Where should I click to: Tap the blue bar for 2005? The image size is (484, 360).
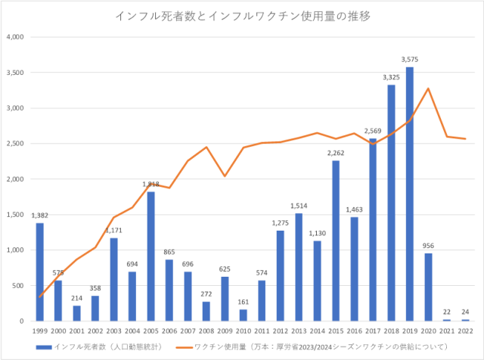(x=150, y=256)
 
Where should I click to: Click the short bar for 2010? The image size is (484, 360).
(x=244, y=315)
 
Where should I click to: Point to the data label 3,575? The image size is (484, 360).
(x=410, y=59)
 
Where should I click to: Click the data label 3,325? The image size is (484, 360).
(x=392, y=76)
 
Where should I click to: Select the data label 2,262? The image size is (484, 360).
(x=336, y=152)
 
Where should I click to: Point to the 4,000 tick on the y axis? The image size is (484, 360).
(x=16, y=37)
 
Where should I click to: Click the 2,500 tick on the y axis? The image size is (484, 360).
(x=16, y=144)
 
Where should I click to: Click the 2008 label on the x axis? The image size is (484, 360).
(x=206, y=331)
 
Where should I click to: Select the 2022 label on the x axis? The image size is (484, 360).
(x=466, y=331)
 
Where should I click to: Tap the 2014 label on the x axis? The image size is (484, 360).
(x=318, y=331)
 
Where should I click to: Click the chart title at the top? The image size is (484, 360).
(x=242, y=15)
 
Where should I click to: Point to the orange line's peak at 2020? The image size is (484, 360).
(x=429, y=88)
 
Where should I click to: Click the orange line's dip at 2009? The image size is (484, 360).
(x=225, y=176)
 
